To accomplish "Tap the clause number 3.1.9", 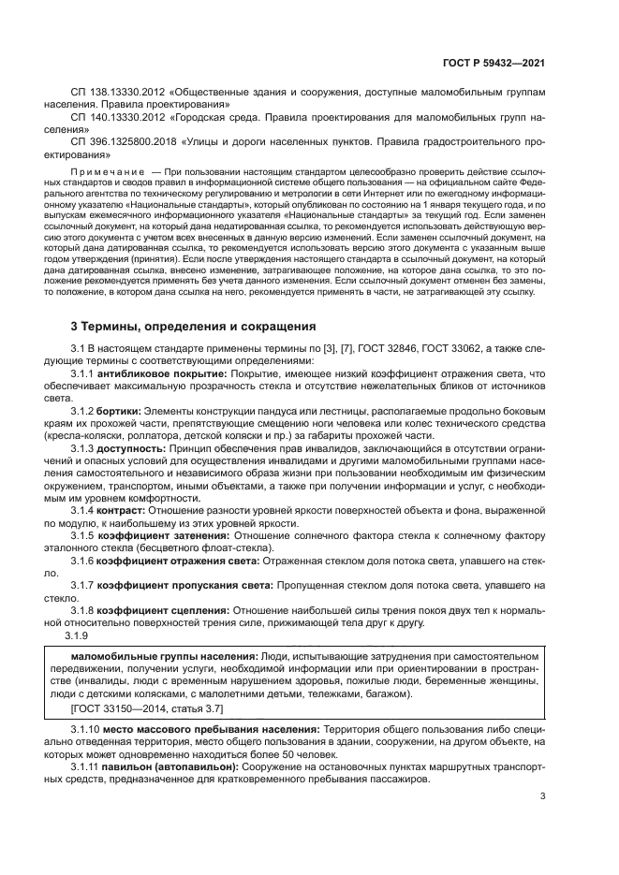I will click(74, 634).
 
